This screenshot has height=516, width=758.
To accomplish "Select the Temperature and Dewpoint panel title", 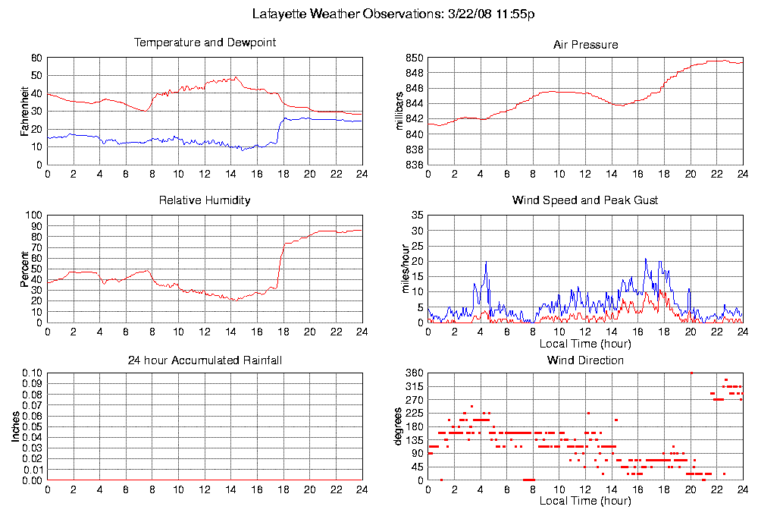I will click(x=205, y=42).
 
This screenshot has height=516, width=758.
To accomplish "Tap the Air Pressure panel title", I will click(x=585, y=45).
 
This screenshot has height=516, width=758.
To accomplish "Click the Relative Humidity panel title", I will click(x=205, y=200).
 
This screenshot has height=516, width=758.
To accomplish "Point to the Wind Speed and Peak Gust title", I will click(x=585, y=200).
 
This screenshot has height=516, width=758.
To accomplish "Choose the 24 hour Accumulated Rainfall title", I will click(x=205, y=360).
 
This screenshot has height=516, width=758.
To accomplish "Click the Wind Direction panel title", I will click(x=585, y=360).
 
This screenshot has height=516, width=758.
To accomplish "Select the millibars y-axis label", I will click(x=401, y=111).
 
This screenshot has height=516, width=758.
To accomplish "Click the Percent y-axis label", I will click(x=24, y=269).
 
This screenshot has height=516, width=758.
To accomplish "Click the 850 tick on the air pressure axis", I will click(x=414, y=58).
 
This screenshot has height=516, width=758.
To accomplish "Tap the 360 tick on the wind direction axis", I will click(x=414, y=373).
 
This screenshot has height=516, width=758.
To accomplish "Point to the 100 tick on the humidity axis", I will click(x=33, y=216).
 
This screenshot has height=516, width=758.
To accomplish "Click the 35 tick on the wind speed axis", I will click(x=416, y=216).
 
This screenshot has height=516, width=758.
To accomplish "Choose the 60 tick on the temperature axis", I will click(x=36, y=58).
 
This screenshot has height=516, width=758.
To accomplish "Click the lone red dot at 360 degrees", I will click(x=691, y=373).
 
